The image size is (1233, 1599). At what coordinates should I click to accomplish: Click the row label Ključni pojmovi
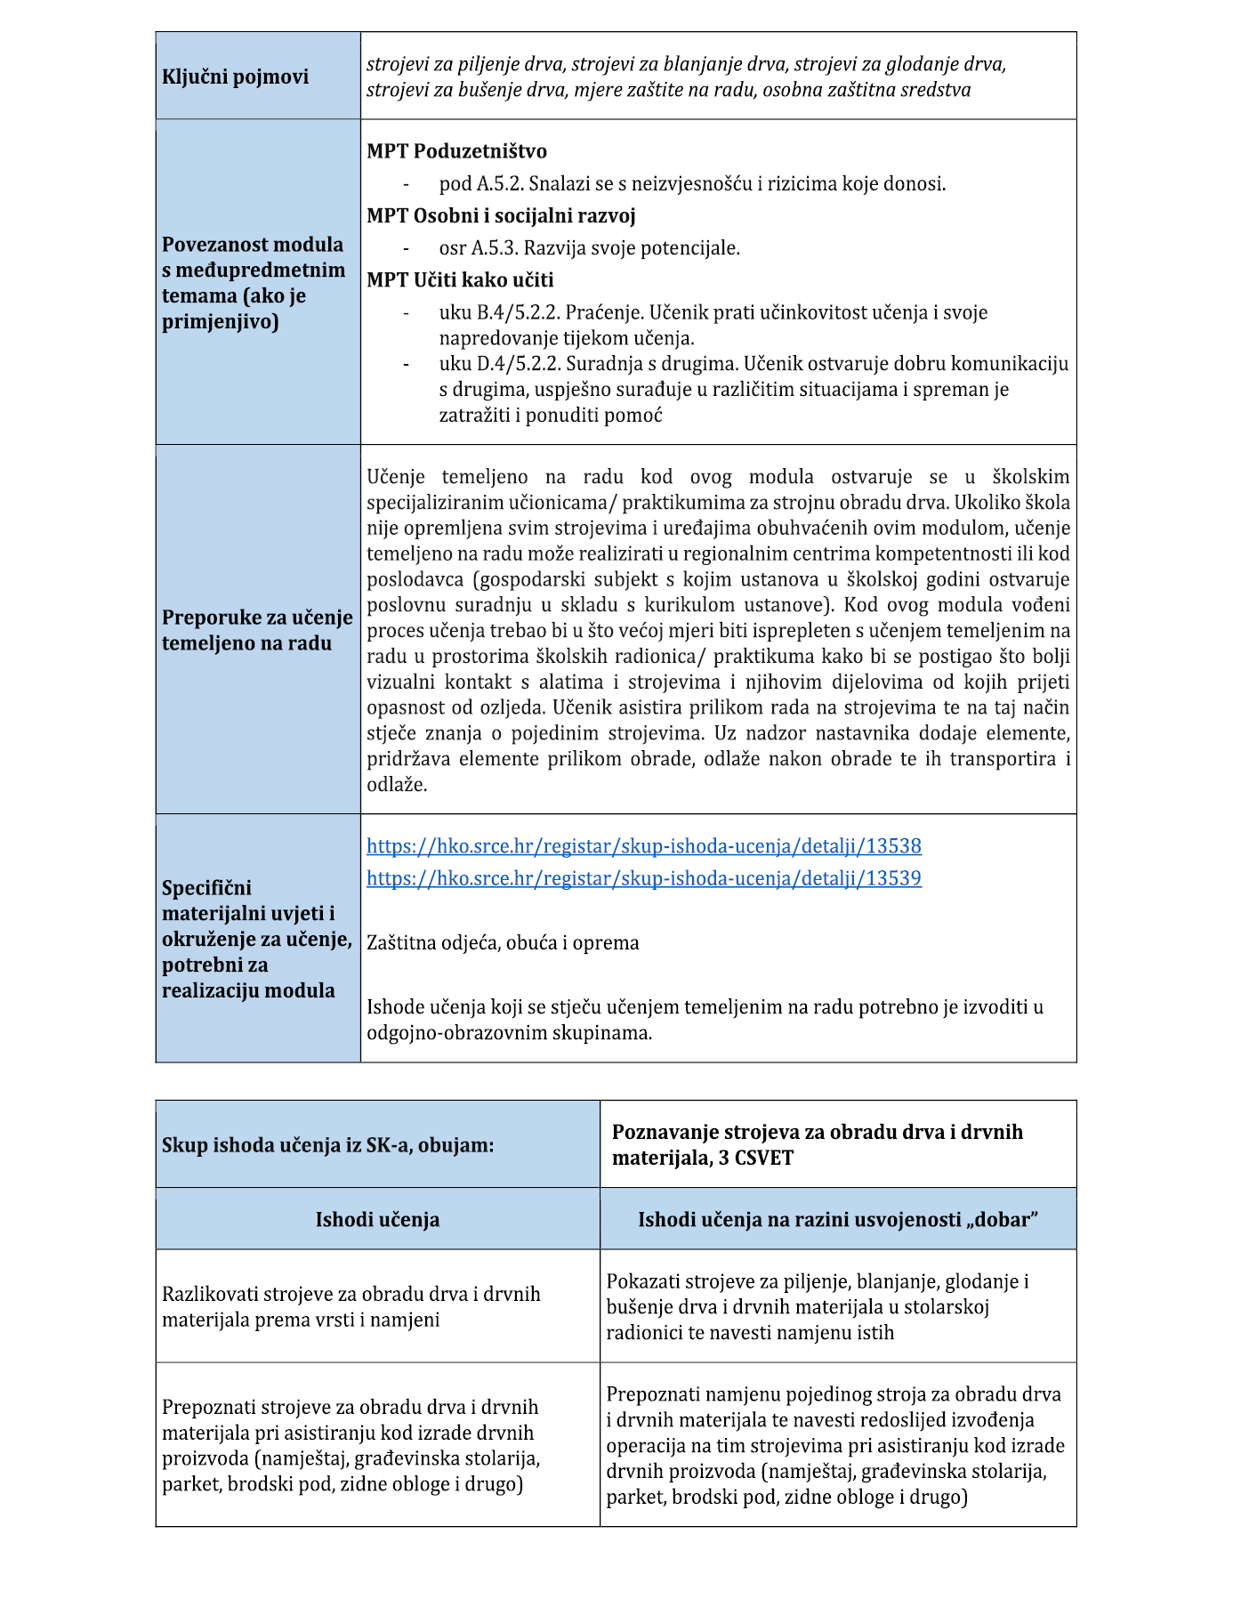(x=235, y=77)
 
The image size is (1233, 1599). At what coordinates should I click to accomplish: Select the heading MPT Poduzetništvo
(x=456, y=151)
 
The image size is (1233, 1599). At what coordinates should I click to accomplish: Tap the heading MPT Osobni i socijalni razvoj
(x=501, y=215)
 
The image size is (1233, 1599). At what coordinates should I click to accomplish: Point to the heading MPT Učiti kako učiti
(x=460, y=280)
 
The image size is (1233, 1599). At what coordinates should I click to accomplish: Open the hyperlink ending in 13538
(x=643, y=846)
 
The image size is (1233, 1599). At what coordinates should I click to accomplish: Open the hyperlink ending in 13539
(x=643, y=878)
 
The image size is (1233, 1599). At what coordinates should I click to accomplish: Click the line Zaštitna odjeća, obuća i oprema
(x=503, y=943)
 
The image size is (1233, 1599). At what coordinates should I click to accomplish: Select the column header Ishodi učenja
(x=377, y=1219)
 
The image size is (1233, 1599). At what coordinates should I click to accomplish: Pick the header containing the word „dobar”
(x=837, y=1219)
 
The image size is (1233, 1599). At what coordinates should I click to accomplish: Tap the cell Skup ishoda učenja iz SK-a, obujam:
(x=327, y=1145)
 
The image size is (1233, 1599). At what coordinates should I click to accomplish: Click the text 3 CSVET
(x=756, y=1159)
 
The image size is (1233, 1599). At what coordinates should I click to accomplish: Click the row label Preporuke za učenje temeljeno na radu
(x=256, y=630)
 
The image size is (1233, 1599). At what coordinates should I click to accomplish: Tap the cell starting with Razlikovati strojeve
(x=351, y=1306)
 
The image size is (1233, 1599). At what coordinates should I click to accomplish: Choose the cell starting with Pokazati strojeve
(x=817, y=1306)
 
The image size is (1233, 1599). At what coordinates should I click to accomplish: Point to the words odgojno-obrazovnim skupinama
(x=509, y=1033)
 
